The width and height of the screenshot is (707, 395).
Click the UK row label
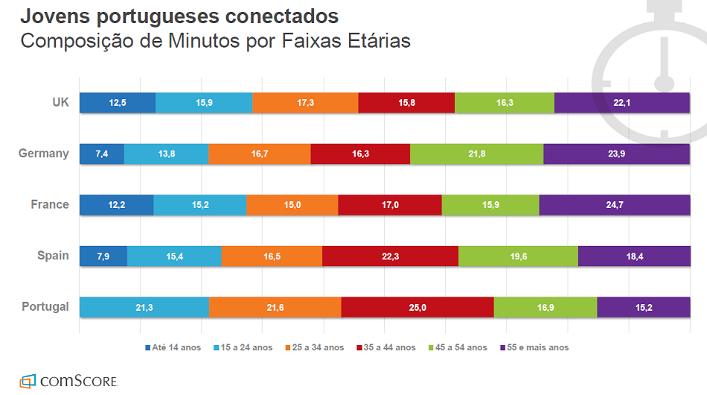point(60,102)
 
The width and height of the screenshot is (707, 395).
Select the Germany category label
point(44,154)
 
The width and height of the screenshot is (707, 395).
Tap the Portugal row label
point(45,306)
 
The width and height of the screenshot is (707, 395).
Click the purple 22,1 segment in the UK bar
point(622,103)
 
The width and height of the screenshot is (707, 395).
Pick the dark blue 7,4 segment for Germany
point(102,154)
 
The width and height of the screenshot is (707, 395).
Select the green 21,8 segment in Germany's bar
point(476,154)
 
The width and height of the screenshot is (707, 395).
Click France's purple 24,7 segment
point(615,205)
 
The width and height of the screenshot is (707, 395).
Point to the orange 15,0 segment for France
point(292,205)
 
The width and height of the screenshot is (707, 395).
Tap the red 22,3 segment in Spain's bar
point(390,256)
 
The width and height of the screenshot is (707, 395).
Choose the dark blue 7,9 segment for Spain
point(103,256)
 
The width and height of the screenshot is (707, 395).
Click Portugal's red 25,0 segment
point(418,307)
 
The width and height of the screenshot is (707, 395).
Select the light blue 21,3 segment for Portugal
point(144,307)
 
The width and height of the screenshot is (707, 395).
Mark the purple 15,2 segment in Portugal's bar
point(644,307)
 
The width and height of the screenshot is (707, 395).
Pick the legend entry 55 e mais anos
point(534,347)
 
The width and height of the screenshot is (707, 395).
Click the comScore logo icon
point(28,380)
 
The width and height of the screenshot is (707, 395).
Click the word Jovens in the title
point(52,16)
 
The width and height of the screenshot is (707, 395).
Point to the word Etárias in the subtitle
point(377,40)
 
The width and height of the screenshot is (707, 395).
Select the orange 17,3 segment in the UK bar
point(305,103)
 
